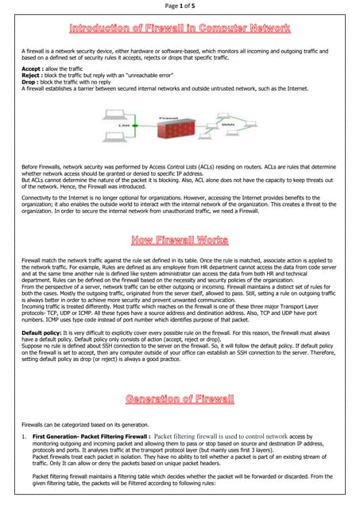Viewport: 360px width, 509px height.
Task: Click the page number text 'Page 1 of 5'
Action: (x=180, y=6)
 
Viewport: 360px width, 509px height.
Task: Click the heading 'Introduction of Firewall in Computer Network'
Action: (x=180, y=29)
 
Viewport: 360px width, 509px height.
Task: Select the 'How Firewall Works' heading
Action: (x=180, y=217)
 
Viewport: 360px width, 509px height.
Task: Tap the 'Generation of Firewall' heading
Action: (x=180, y=398)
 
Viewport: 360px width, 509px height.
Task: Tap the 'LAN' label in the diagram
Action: (x=123, y=125)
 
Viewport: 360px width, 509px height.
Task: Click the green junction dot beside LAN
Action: (x=136, y=125)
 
